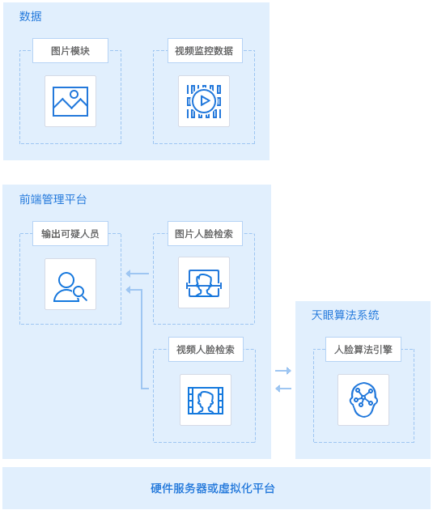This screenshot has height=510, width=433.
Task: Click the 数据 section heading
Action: pos(30,16)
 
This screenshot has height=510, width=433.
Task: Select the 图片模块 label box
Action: pos(70,50)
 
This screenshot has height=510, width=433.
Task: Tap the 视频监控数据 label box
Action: pos(205,50)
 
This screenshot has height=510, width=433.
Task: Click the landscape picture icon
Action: pos(70,101)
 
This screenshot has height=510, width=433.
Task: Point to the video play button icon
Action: pos(204,101)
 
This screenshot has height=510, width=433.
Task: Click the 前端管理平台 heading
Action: pos(53,199)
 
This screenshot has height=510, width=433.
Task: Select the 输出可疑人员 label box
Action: pos(70,233)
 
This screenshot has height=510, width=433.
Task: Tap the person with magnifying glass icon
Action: pos(70,287)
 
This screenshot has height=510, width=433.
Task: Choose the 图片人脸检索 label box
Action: pos(205,233)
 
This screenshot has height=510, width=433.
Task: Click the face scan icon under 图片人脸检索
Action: pos(204,283)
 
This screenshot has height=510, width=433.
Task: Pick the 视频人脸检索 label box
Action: pos(206,350)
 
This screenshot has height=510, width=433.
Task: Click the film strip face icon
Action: pos(206,401)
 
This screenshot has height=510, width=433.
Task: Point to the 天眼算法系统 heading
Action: pos(346,315)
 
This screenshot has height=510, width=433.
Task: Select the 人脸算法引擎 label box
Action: pos(363,350)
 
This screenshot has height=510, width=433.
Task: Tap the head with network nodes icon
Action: pos(363,400)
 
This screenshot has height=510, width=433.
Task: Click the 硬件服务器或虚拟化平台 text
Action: pos(213,488)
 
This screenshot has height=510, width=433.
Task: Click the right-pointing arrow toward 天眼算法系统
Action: pos(283,371)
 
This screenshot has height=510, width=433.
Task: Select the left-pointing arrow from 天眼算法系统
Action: pos(283,389)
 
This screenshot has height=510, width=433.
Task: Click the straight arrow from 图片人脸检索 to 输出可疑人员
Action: pos(137,274)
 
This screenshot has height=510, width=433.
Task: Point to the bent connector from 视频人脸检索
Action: pos(142,338)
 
